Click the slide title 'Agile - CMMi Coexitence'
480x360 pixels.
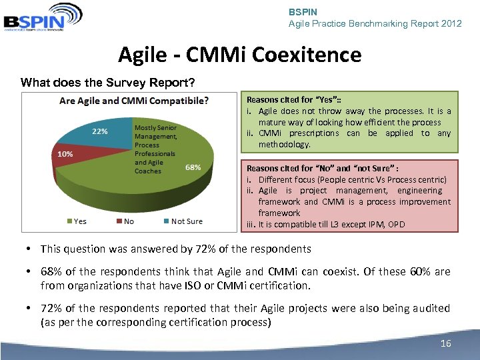pos(239,54)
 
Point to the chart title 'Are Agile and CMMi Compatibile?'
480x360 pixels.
pos(134,101)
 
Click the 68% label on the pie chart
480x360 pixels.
pos(193,167)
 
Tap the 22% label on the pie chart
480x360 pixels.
pos(100,131)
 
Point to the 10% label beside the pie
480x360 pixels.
pos(65,153)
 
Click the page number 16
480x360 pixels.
pos(446,343)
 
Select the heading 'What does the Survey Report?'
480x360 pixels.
pos(107,83)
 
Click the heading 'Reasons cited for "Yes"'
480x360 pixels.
pos(285,100)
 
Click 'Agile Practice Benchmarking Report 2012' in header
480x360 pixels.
pos(375,23)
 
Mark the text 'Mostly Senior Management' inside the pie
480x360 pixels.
pos(155,132)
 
